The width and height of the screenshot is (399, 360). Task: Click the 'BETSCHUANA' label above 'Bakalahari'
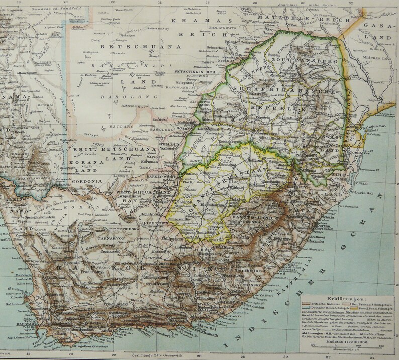(x=127, y=46)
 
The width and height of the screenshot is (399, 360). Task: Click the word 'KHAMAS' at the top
(x=190, y=21)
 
